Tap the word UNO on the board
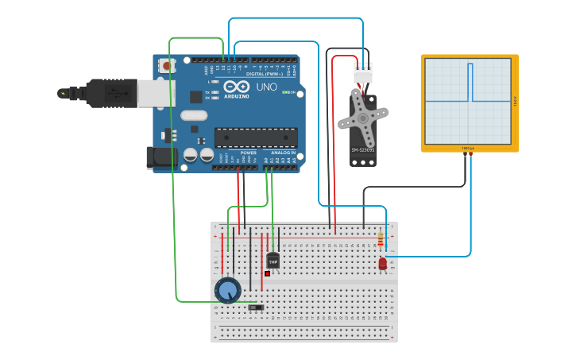[x=267, y=87]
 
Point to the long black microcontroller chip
[x=256, y=137]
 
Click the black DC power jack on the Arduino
[x=161, y=156]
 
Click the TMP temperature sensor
[x=273, y=260]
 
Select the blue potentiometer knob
[x=228, y=289]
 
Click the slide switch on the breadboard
[x=256, y=308]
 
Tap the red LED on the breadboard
[x=383, y=263]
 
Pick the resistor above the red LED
[x=381, y=239]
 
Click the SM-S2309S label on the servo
[x=362, y=149]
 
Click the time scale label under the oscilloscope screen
[x=469, y=148]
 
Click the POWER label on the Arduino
[x=248, y=153]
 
